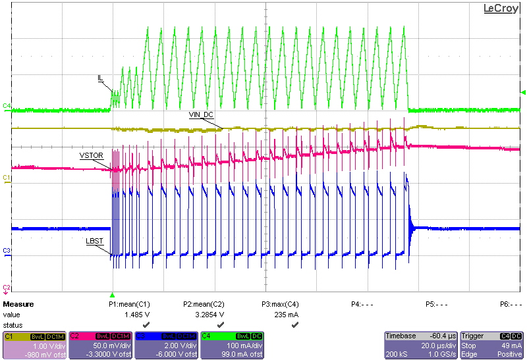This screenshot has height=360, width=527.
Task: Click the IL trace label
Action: (100, 78)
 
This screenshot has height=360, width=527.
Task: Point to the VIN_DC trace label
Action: (202, 115)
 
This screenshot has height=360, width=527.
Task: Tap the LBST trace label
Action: (94, 242)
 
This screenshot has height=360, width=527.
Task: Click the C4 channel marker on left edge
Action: (7, 105)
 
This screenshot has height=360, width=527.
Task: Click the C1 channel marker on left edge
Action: (7, 178)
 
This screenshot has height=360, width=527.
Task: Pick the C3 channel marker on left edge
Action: (7, 251)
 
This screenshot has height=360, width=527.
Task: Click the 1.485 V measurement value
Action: (134, 315)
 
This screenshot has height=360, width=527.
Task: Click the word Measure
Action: (18, 305)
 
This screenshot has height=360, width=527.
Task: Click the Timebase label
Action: (401, 336)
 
